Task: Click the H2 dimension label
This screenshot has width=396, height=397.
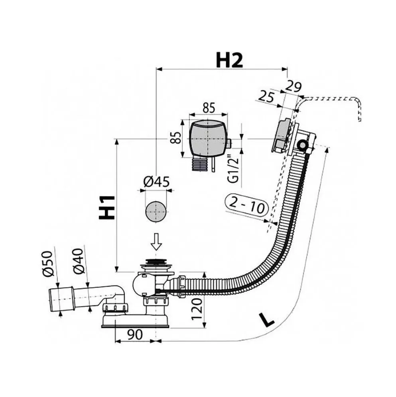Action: [x=229, y=60]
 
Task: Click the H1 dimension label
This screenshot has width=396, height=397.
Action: [x=107, y=207]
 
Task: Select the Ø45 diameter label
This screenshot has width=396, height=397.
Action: [x=156, y=182]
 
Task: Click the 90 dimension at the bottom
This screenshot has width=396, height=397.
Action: [x=135, y=334]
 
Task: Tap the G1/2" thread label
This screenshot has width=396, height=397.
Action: [x=233, y=168]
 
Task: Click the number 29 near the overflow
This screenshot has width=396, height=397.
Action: [x=294, y=86]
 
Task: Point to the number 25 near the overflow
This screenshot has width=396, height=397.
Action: [x=266, y=97]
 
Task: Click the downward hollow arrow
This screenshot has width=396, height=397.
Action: [x=156, y=241]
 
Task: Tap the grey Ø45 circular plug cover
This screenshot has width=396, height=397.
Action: [x=156, y=212]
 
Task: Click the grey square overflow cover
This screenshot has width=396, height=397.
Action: [x=208, y=139]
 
